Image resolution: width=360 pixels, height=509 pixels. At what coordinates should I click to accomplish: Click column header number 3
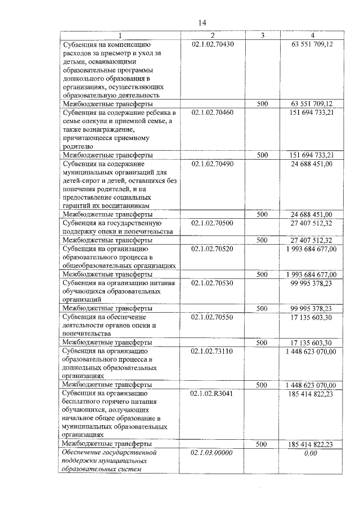[x=262, y=35]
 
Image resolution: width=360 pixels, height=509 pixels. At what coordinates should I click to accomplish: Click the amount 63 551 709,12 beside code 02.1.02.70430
[x=312, y=43]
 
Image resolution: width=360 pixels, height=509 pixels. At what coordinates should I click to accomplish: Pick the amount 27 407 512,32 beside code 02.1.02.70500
[x=312, y=223]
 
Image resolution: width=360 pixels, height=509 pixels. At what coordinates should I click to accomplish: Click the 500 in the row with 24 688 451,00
[x=262, y=214]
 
